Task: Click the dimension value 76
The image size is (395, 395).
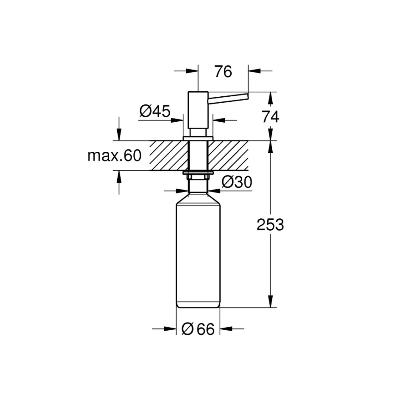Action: pyautogui.click(x=223, y=71)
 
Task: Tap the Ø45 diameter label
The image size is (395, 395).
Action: pyautogui.click(x=155, y=111)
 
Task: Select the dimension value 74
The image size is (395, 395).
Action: pyautogui.click(x=271, y=117)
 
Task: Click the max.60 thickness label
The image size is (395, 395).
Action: pyautogui.click(x=114, y=155)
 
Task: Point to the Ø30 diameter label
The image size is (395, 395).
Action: pyautogui.click(x=237, y=182)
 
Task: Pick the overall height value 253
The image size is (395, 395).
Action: pyautogui.click(x=270, y=225)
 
